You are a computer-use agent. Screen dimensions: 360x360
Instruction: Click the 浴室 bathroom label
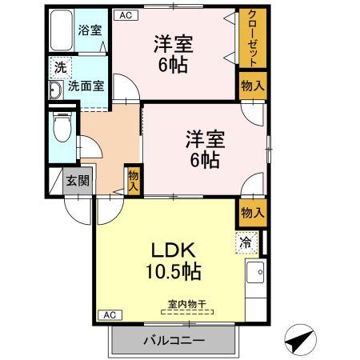tap(90, 30)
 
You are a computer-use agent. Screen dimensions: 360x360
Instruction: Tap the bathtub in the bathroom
tap(62, 32)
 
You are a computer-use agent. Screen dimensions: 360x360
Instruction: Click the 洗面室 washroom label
tap(85, 86)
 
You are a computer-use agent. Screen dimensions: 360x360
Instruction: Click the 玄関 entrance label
tap(78, 181)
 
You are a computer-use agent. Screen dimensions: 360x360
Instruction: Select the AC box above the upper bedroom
tap(125, 14)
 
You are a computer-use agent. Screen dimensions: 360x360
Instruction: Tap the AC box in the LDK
tap(110, 314)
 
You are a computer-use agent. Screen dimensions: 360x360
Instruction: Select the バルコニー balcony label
tap(174, 341)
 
